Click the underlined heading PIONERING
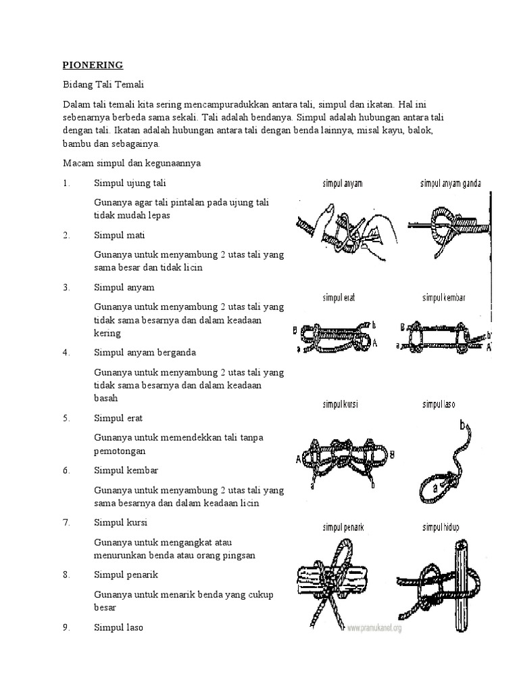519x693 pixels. click(x=93, y=66)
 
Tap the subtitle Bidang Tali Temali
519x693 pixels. click(x=103, y=85)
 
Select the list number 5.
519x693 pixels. click(x=66, y=418)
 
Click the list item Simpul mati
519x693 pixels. click(x=119, y=235)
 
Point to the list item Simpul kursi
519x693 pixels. click(x=120, y=522)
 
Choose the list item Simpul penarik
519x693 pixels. click(x=126, y=575)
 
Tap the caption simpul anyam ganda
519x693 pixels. click(x=451, y=183)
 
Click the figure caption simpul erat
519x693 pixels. click(x=339, y=298)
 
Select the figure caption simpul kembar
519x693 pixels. click(x=443, y=298)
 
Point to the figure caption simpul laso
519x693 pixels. click(x=439, y=404)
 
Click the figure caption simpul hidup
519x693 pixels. click(x=441, y=527)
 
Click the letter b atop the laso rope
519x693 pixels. click(x=462, y=425)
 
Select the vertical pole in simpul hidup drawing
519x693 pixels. click(x=461, y=585)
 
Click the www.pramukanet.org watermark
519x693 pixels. click(x=374, y=627)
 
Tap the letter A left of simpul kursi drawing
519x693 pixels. click(x=298, y=460)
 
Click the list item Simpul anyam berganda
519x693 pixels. click(x=145, y=353)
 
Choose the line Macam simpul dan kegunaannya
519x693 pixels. click(x=132, y=163)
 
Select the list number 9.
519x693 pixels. click(x=66, y=627)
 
